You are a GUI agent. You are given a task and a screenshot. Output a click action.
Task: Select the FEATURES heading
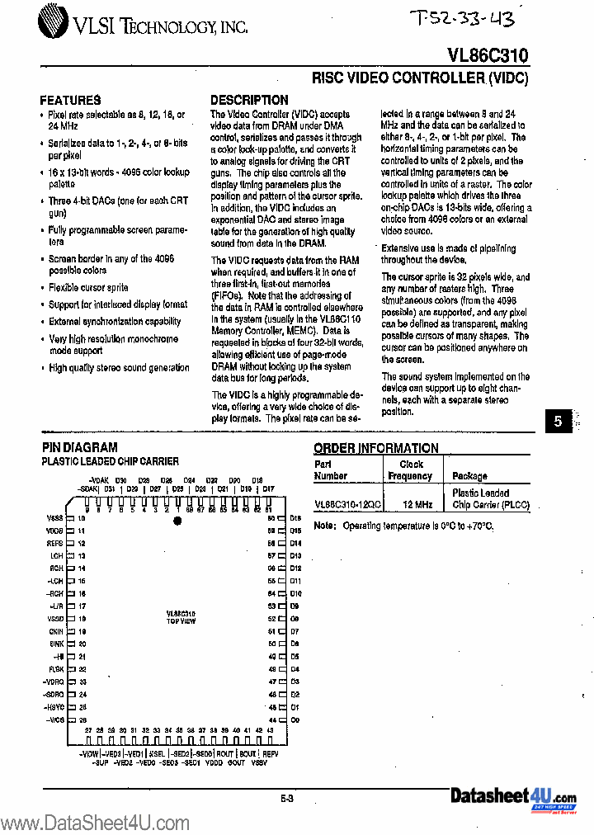click(71, 100)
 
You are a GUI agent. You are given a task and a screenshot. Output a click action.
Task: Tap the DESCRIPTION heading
click(249, 100)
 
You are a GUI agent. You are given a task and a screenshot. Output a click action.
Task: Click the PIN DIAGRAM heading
click(79, 447)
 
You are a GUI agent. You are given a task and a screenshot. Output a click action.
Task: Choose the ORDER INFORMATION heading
click(376, 448)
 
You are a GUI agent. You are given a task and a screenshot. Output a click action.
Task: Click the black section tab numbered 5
click(558, 421)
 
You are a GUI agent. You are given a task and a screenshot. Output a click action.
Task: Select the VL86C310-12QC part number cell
click(347, 502)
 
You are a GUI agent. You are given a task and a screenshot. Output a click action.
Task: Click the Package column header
click(469, 476)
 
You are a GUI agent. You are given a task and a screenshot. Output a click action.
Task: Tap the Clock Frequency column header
click(410, 470)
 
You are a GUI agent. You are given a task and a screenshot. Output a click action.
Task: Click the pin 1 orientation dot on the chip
click(177, 521)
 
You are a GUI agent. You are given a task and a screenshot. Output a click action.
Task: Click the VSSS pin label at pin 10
click(54, 518)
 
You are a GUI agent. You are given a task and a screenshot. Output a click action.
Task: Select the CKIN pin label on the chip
click(55, 631)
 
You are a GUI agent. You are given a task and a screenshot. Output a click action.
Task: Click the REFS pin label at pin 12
click(55, 544)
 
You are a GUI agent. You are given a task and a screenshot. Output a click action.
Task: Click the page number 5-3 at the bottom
click(287, 797)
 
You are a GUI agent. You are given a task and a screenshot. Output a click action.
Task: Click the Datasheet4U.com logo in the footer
click(513, 798)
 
